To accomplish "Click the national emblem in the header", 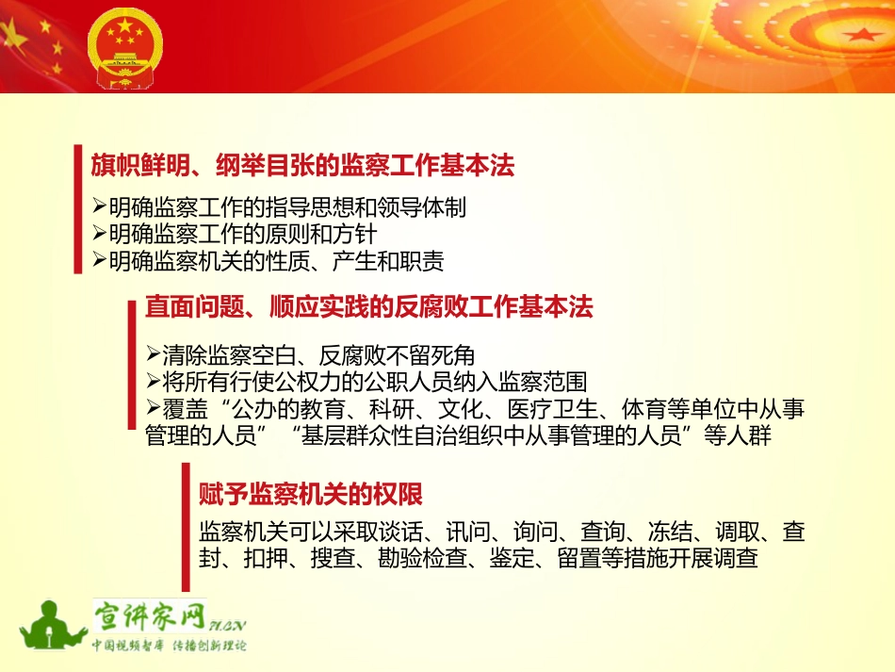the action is point(125,48).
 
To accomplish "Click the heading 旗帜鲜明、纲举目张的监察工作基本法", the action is point(302,166).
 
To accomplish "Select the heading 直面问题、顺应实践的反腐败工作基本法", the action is point(368,306).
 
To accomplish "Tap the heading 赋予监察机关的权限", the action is point(311,494).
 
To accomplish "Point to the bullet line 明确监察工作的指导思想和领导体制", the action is point(279,207).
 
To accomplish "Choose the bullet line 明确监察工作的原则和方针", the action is point(235,234).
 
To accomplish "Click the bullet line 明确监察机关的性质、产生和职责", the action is point(268,261).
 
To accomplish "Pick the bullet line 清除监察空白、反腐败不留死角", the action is point(311,355).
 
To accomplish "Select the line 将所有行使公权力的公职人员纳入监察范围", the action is point(366,382).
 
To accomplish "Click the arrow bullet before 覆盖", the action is point(153,408).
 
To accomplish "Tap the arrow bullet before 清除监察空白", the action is point(153,354).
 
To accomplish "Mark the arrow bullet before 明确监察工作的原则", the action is point(99,234).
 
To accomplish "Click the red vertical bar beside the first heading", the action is point(78,209).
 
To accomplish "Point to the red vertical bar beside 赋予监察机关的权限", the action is point(186,527).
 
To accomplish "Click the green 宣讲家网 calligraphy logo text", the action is point(151,616).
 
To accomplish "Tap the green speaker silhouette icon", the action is point(52,627).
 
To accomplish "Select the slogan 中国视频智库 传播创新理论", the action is point(170,646).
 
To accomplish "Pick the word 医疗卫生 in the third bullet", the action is point(552,409).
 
